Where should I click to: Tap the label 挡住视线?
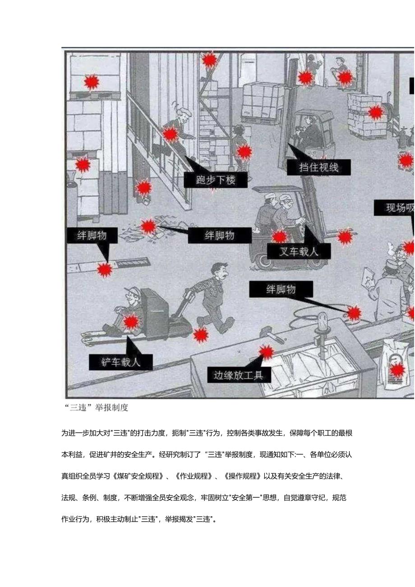319,167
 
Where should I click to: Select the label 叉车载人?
299,251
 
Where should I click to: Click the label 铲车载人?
121,362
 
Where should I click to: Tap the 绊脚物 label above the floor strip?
92,235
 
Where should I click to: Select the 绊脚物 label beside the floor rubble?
220,235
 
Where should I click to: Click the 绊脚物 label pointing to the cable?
281,289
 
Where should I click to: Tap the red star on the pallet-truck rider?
131,322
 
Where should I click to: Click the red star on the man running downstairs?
170,134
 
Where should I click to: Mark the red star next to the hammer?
266,352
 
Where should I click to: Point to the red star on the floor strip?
105,270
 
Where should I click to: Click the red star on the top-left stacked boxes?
92,82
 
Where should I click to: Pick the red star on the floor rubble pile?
148,226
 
